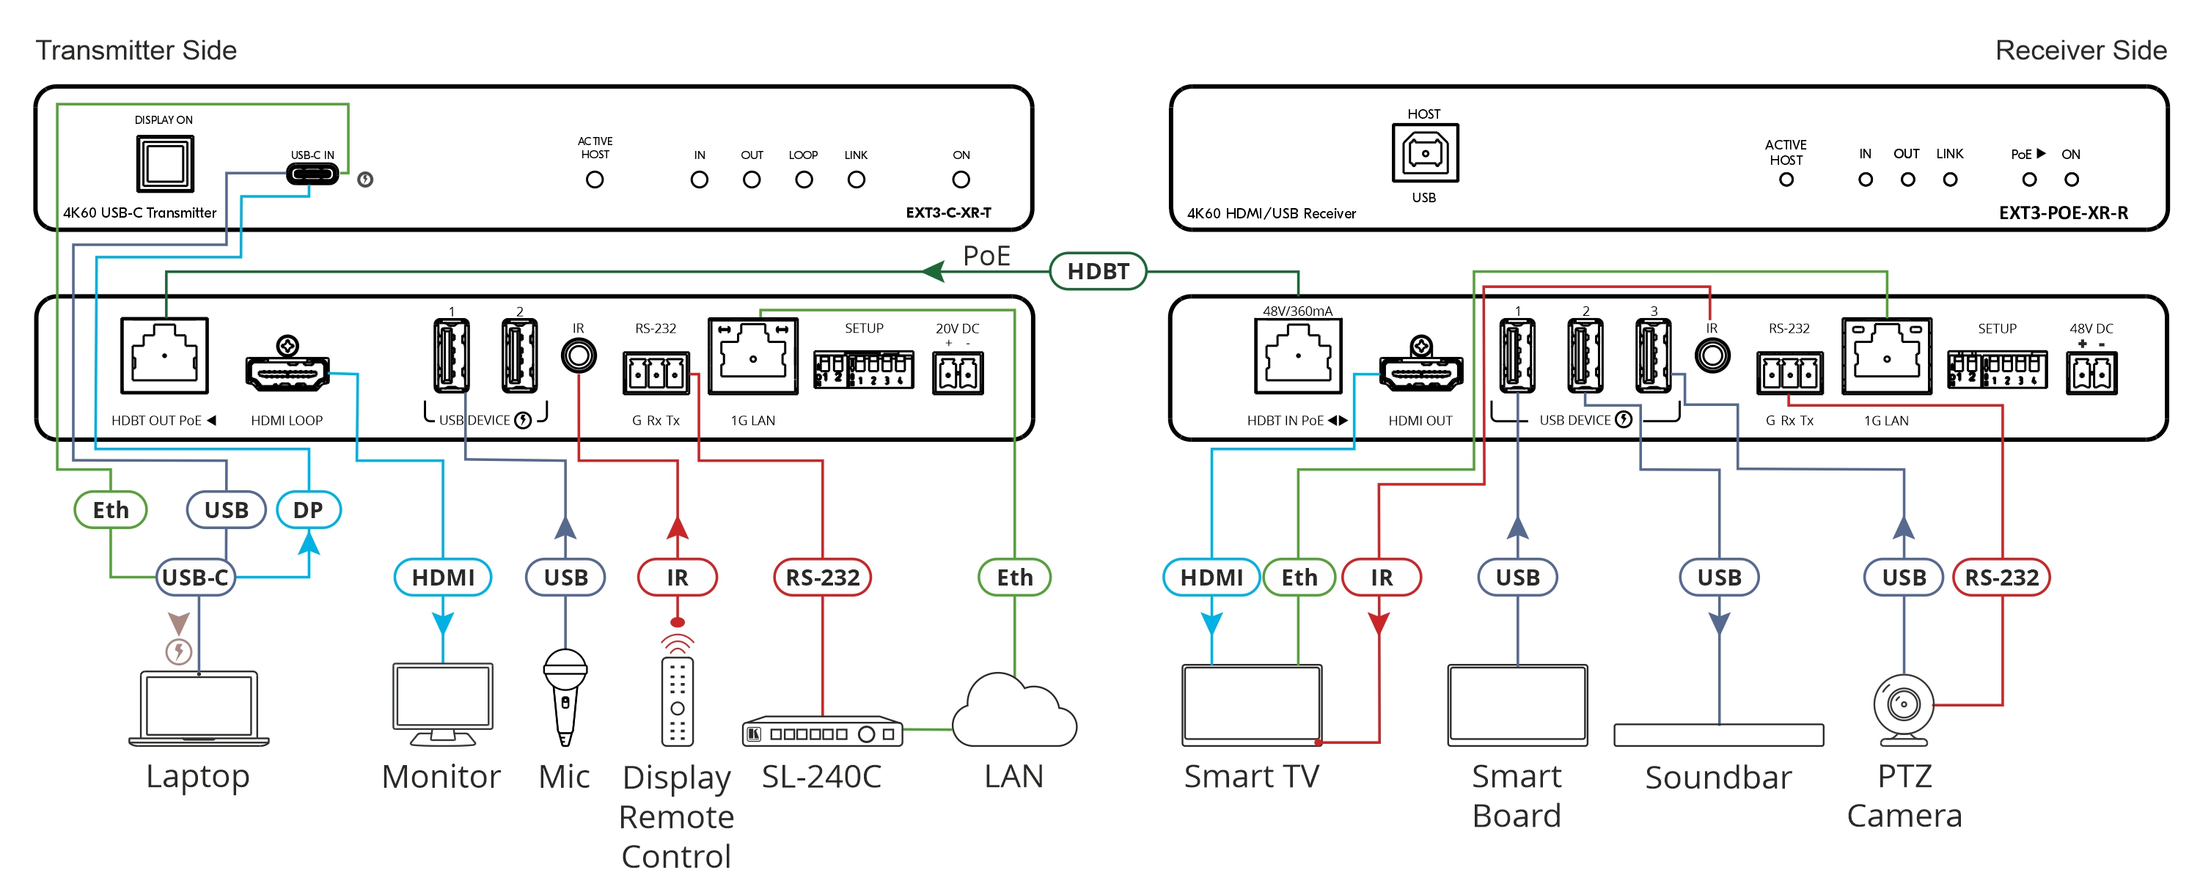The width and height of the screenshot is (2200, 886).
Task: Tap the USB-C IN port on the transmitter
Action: (312, 174)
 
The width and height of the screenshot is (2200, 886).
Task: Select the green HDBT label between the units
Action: (1098, 271)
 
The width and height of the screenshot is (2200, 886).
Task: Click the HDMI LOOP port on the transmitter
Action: (287, 372)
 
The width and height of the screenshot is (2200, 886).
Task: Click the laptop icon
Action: (199, 708)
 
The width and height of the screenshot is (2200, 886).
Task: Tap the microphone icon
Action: (565, 696)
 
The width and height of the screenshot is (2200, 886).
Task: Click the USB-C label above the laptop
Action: (196, 578)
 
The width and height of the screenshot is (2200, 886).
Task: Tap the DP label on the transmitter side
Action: (308, 511)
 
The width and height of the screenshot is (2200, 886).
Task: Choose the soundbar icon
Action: (1718, 735)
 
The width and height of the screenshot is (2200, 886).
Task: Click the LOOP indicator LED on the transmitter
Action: (804, 180)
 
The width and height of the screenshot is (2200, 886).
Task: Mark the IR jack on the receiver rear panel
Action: (1712, 356)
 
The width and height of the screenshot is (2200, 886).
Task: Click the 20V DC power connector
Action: (958, 373)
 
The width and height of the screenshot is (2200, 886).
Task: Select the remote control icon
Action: (678, 700)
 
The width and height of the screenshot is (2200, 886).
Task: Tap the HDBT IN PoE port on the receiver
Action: (1297, 356)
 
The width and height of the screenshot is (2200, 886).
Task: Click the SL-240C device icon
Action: (821, 732)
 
